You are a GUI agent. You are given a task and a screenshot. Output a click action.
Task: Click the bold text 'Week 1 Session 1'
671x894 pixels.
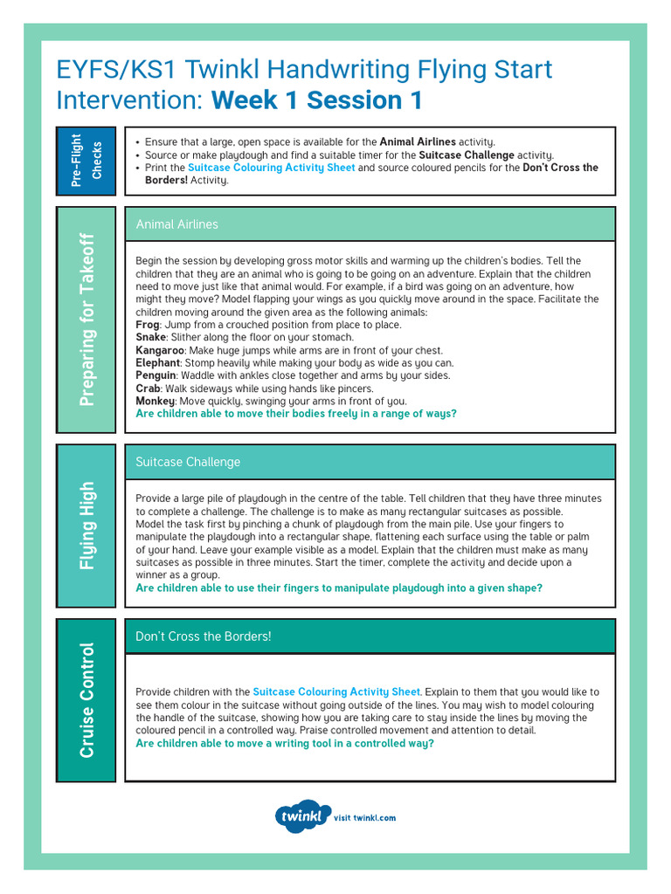point(316,100)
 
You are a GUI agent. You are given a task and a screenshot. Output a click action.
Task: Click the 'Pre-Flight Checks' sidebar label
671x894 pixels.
point(86,161)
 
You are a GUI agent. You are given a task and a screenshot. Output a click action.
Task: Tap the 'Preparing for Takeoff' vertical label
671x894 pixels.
point(86,320)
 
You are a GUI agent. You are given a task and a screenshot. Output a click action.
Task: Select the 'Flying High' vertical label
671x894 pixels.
point(86,526)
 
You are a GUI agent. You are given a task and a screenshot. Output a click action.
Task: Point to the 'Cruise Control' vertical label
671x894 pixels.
point(86,700)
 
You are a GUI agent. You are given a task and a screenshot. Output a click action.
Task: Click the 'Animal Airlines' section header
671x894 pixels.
point(176,224)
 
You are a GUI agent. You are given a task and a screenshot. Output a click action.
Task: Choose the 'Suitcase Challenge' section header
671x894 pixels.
point(187,462)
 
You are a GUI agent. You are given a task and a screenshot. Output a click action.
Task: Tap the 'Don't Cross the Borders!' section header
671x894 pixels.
point(203,636)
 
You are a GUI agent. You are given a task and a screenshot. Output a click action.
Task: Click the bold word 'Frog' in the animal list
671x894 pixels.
point(148,325)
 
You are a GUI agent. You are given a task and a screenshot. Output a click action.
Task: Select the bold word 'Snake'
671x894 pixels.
point(151,337)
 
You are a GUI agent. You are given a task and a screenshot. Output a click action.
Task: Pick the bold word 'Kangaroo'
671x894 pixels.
point(159,350)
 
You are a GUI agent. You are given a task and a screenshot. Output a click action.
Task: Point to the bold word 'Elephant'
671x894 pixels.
point(158,363)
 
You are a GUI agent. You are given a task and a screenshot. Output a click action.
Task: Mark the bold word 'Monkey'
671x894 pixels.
point(155,401)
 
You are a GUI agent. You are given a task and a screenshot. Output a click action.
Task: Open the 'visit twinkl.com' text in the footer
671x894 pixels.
point(365,818)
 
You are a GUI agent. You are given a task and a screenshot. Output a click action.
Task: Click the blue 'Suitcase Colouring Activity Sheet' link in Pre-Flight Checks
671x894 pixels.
point(271,168)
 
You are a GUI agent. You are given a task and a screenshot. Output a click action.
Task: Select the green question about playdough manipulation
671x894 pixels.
point(338,588)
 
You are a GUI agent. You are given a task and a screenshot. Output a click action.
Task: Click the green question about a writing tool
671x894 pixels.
point(284,743)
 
